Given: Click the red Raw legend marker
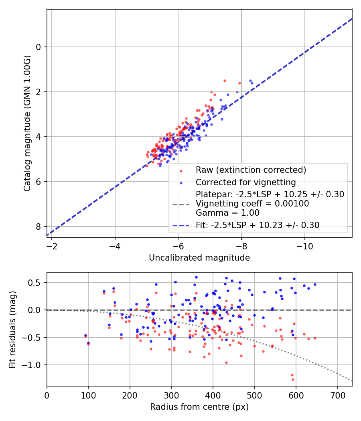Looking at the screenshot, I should point(181,170).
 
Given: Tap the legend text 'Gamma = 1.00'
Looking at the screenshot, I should point(227,213).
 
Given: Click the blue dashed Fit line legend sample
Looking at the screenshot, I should point(181,226).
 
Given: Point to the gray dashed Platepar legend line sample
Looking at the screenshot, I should point(181,204).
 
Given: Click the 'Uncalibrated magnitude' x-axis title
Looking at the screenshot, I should point(199,258).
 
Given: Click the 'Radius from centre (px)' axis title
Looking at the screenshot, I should point(199,407).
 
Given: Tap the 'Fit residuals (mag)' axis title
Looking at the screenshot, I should point(12,329).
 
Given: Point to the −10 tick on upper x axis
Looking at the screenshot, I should point(304,245).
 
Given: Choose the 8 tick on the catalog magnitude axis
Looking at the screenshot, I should point(39,227).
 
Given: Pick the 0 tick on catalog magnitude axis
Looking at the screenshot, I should point(39,47).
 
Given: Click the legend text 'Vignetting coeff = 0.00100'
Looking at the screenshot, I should point(252,204).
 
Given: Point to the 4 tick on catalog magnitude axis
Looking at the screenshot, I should point(39,137).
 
